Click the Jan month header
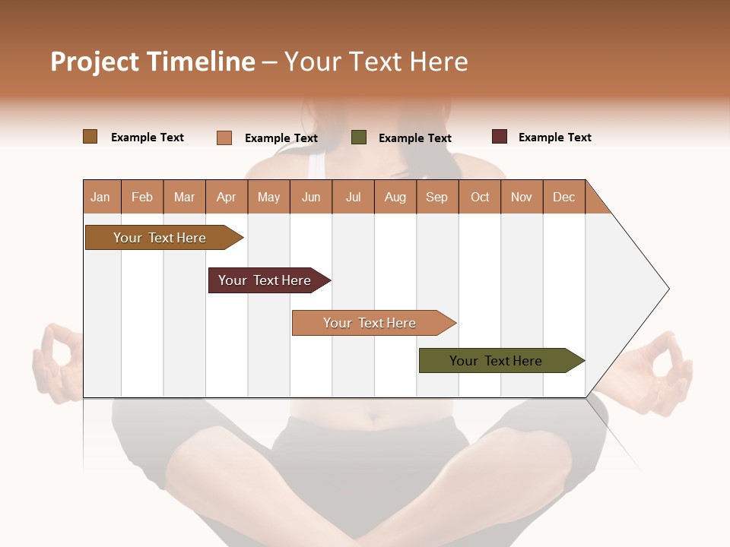(101, 197)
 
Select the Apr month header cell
(227, 197)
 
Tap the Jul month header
(354, 197)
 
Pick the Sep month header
(437, 197)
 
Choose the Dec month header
(564, 197)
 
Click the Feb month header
(142, 197)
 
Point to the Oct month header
(480, 197)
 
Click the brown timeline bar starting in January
(160, 238)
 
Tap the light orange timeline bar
(370, 323)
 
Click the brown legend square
(90, 137)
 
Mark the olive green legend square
(359, 138)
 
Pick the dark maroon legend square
(500, 137)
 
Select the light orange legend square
(224, 138)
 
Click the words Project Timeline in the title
(153, 62)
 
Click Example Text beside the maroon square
(554, 138)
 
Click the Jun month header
(311, 197)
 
